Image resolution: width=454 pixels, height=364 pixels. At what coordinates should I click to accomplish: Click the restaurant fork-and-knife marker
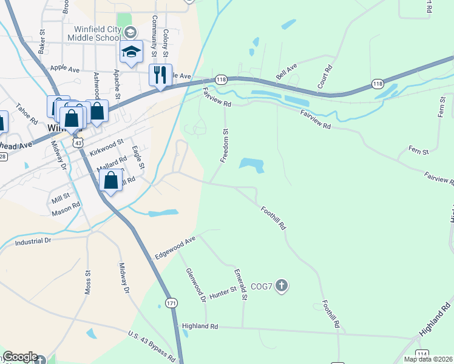160,75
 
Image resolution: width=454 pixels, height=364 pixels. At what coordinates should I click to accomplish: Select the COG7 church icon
281,285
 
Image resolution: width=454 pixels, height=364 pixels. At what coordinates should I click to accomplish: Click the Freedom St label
225,144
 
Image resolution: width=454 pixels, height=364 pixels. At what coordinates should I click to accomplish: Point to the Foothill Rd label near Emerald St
273,217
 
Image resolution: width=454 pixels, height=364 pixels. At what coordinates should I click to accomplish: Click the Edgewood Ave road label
175,248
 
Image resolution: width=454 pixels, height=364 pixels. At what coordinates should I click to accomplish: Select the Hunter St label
223,292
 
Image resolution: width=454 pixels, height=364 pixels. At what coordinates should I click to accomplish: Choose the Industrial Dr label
33,241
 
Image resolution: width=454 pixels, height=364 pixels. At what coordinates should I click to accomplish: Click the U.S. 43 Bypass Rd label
152,343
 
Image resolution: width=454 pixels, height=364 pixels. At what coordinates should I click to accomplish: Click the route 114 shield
422,354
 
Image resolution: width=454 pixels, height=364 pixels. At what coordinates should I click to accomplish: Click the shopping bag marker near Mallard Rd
110,180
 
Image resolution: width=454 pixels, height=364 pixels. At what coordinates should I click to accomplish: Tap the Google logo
20,357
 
